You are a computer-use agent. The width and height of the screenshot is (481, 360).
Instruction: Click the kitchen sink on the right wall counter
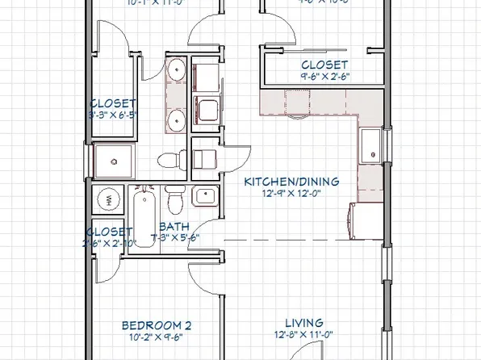coord(372,145)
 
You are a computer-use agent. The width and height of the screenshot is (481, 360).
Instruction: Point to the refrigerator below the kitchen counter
coord(363,222)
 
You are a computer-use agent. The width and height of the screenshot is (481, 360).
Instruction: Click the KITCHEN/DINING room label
coord(291,182)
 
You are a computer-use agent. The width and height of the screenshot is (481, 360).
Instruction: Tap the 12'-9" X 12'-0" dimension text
coord(291,195)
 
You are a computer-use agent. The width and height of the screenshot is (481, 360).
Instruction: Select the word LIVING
coord(303,323)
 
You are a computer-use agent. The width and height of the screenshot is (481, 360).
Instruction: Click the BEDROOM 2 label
coord(157,325)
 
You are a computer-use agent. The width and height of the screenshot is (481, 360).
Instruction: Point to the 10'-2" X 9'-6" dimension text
coord(157,339)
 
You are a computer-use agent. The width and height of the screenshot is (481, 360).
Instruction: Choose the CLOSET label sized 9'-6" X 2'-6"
coord(324,65)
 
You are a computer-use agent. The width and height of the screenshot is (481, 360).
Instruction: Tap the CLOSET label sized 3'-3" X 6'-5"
coord(112,103)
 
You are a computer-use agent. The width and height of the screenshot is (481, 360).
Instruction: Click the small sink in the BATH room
coord(203,195)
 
